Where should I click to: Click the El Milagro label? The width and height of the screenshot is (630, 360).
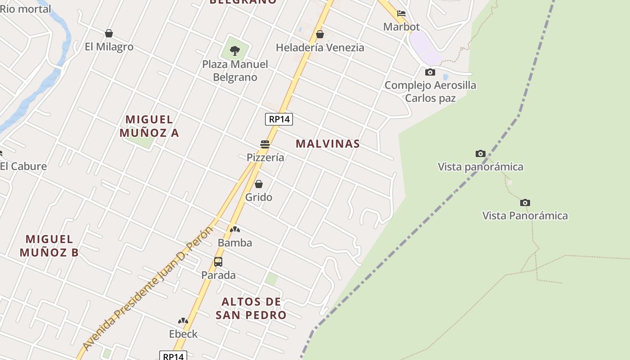109,47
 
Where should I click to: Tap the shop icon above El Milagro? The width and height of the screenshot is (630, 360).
108,33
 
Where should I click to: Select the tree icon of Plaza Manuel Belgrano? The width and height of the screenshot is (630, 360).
234,51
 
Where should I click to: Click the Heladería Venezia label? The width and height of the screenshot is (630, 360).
320,48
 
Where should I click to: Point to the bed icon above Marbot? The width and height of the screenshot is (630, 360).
401,13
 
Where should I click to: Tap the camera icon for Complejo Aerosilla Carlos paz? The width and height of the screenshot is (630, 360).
430,72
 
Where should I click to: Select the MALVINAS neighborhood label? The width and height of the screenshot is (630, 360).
328,144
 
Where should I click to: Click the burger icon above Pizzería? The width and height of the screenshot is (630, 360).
265,144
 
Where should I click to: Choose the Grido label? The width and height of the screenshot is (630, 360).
259,197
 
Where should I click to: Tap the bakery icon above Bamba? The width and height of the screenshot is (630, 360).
235,229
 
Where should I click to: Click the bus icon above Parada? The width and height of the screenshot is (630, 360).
218,261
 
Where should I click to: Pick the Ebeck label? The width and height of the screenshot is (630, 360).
183,334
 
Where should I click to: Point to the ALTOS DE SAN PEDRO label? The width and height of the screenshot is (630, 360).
251,308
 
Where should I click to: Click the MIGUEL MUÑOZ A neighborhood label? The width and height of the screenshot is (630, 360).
149,126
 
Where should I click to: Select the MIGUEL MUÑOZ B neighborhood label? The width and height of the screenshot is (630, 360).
49,246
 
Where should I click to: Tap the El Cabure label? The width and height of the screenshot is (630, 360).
23,166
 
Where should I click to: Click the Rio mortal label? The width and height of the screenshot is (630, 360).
26,9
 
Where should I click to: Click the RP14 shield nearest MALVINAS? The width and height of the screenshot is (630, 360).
279,119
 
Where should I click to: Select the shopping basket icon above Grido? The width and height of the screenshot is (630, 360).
259,184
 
